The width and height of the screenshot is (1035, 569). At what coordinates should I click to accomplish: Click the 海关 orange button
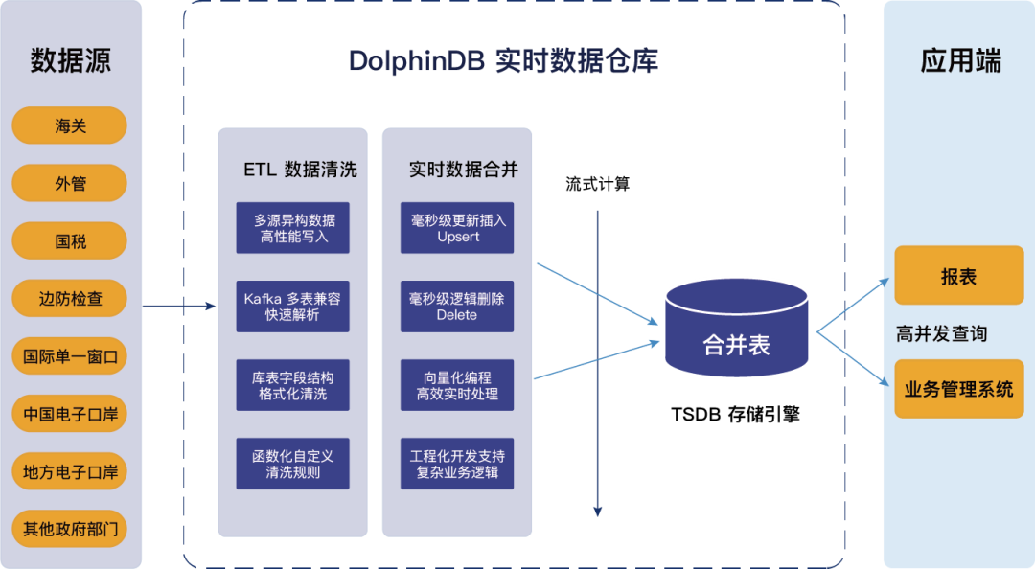coord(70,125)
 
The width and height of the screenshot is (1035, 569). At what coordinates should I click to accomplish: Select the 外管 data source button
coord(70,183)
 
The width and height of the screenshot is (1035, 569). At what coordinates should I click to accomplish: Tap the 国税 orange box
coord(70,241)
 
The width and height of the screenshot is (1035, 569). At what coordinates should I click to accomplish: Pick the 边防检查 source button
coord(70,299)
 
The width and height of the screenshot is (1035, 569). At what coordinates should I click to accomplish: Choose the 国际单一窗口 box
coord(70,357)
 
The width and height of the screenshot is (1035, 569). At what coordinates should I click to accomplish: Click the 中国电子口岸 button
coord(70,415)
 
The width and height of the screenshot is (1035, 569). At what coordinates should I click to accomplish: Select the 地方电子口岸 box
coord(70,472)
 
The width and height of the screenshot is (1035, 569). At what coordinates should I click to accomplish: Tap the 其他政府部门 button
coord(70,529)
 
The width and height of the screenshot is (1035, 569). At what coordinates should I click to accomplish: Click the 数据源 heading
coord(71,60)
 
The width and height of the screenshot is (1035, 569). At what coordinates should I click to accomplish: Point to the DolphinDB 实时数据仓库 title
coord(503,62)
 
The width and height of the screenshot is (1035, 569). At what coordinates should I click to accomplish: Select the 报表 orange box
coord(958,276)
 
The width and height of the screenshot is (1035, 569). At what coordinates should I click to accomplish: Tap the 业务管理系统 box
coord(958,389)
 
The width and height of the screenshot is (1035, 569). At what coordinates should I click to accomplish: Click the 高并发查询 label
coord(941,333)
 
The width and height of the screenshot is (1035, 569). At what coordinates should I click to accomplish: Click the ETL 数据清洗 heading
coord(300,170)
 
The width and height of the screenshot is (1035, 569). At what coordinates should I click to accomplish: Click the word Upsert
coord(458,237)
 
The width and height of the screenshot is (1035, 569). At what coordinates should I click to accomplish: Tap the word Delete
coord(457,315)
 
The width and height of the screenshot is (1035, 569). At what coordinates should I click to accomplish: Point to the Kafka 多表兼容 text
coord(292,299)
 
